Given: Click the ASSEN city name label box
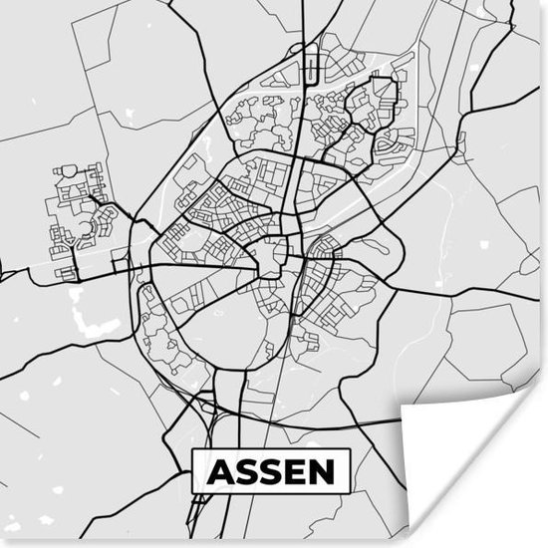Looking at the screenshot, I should pos(271,470).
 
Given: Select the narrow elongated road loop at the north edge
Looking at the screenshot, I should pos(312,66).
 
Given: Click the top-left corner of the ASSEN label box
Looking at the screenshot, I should pos(192,450).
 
